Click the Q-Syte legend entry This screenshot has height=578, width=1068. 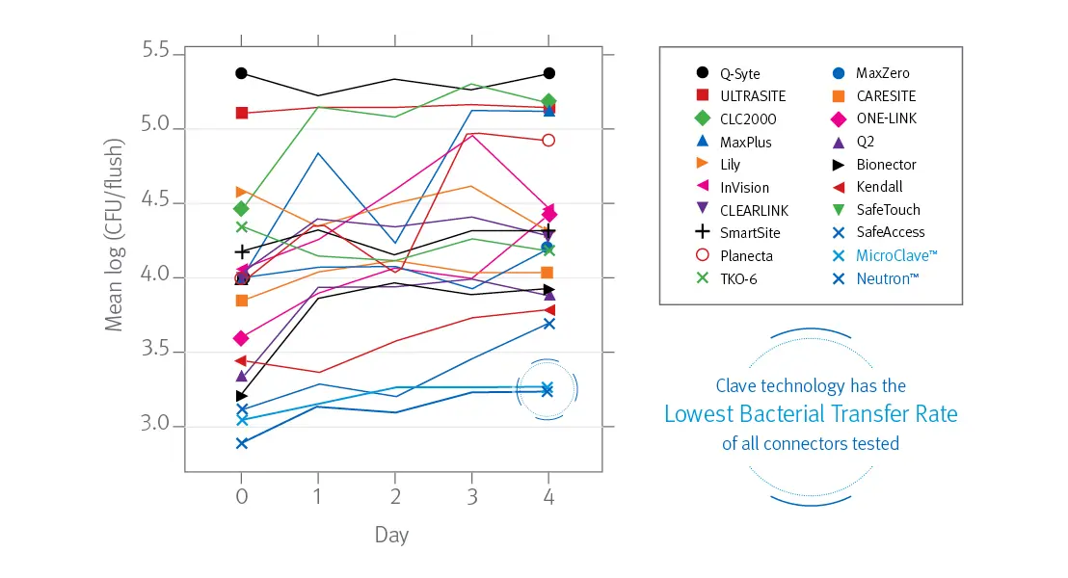[x=737, y=73]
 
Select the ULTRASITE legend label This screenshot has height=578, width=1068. [x=752, y=96]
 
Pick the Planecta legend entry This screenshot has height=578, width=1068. [x=744, y=256]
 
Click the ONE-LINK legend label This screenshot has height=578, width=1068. [x=886, y=118]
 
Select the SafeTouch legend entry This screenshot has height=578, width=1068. [x=888, y=210]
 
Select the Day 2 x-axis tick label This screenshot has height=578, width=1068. [x=394, y=494]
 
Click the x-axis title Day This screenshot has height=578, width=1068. [x=391, y=535]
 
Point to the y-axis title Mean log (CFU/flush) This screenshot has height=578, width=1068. [x=115, y=235]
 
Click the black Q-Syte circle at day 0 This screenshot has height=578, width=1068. [x=242, y=73]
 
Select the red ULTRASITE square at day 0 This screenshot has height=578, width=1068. [x=242, y=113]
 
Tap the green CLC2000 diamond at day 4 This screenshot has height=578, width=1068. [x=548, y=101]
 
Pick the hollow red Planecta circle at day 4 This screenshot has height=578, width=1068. [x=548, y=140]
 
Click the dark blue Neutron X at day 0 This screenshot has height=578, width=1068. [x=242, y=443]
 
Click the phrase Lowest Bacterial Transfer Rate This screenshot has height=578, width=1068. [x=811, y=414]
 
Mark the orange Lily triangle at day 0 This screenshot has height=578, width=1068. [x=242, y=193]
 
